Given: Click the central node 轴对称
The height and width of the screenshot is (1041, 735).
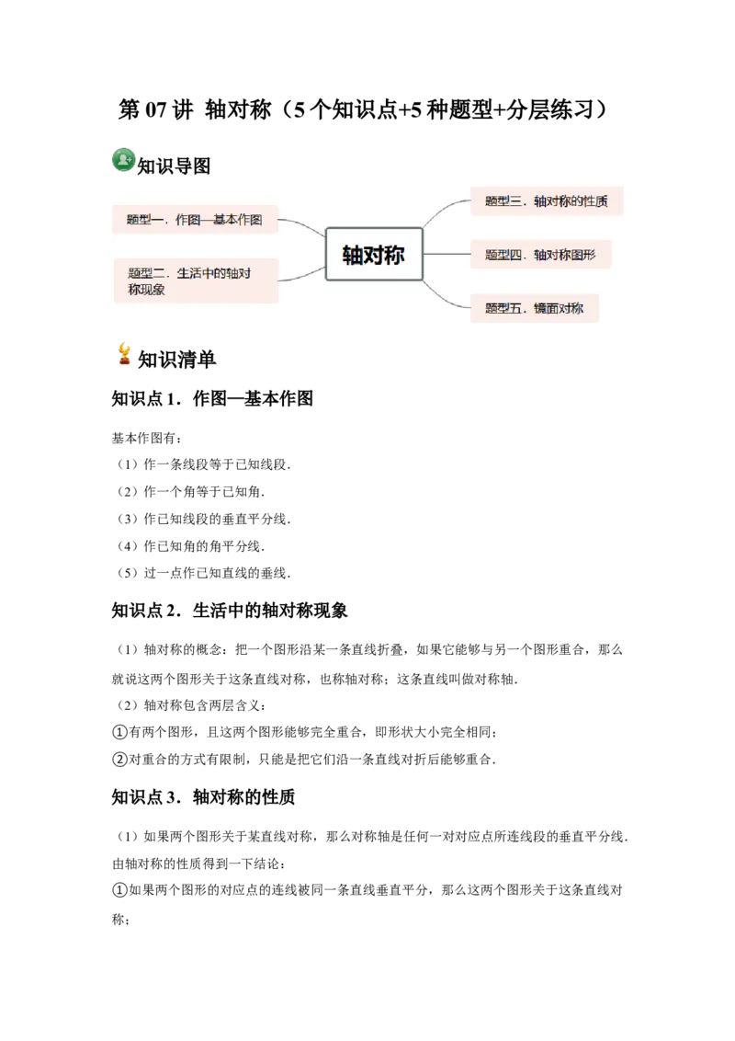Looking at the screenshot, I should pos(374,254).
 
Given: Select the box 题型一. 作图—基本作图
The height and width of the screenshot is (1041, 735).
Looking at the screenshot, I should pos(195,220).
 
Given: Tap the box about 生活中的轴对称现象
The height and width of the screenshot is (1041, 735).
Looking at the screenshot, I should pos(195,280).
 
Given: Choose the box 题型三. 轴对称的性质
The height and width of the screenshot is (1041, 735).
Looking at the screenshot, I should pos(547,200).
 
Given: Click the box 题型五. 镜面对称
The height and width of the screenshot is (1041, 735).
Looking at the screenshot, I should pos(534,308).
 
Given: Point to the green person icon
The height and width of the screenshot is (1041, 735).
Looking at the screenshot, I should pos(123,159).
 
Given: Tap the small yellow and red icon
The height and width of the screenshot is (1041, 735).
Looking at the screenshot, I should pos(124,353).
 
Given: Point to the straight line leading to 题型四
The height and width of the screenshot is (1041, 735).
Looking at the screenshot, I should pos(447,255).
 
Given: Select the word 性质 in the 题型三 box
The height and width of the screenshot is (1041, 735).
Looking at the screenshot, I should pos(595,200).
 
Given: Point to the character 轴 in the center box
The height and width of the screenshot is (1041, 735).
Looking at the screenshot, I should pos(353,255).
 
